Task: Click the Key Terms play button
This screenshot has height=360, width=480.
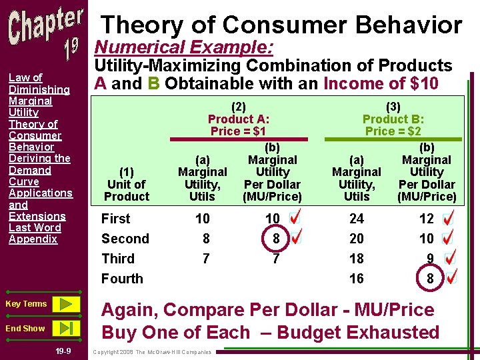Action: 65,304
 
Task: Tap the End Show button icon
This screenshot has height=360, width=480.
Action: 65,328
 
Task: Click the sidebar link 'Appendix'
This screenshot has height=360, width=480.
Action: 33,239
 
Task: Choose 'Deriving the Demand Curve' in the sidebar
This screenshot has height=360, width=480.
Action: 39,170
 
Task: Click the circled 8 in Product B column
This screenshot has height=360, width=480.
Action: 430,279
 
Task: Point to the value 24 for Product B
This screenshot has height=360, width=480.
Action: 357,219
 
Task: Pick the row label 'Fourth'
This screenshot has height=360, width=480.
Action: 122,279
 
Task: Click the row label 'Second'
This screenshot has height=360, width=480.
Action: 125,239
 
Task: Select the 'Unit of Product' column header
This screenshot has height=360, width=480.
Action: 127,190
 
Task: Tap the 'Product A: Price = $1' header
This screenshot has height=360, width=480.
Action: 239,119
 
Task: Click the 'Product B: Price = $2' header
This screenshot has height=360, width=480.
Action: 393,119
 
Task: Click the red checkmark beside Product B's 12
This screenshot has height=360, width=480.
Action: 449,218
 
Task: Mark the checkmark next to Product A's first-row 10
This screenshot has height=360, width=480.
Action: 295,217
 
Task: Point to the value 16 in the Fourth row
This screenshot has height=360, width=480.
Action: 357,279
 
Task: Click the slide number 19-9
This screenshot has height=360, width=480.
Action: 64,351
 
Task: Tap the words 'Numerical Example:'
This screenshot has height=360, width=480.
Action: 184,47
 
